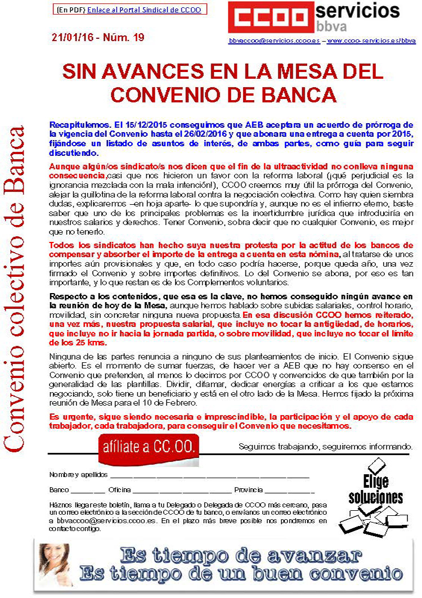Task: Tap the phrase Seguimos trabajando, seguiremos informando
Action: point(325,447)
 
